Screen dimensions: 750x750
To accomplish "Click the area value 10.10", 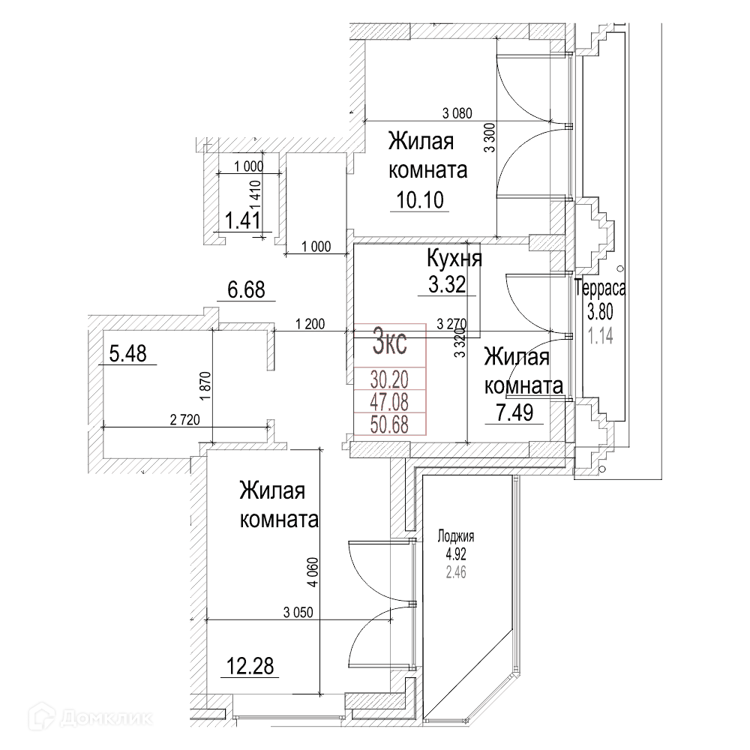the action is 420,200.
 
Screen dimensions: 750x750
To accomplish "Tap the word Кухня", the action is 454,259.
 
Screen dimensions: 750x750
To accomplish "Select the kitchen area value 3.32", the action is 447,284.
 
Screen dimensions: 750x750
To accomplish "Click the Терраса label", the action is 600,289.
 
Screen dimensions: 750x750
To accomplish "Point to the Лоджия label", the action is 456,536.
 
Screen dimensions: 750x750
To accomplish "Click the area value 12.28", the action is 250,666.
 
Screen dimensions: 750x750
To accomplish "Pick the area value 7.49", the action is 514,412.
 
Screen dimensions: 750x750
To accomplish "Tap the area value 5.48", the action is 127,354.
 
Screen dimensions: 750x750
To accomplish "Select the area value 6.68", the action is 246,289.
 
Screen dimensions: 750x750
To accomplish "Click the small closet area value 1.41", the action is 243,221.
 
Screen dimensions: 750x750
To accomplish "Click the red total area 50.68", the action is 389,424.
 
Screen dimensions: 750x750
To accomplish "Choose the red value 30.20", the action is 389,380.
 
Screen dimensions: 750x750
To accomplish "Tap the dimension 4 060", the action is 312,571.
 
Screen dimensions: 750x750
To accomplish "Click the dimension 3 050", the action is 298,612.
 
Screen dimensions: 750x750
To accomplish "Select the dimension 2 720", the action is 184,420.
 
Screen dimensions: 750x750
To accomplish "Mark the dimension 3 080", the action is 457,113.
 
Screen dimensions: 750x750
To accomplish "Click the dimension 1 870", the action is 205,386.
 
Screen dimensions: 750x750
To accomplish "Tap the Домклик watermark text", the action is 106,718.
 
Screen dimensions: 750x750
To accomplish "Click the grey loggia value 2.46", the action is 456,572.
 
